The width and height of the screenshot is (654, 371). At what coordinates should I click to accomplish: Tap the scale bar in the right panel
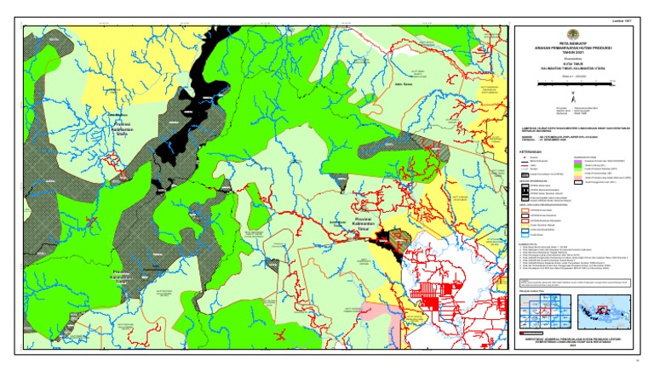coord(580,84)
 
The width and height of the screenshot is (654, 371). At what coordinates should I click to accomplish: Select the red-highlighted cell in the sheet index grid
coord(539,314)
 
